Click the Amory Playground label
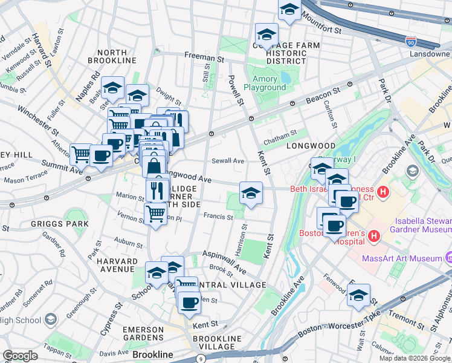coord(265,83)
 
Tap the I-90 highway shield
coord(410,41)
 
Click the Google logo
coord(20,356)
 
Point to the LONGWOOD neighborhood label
coord(311,146)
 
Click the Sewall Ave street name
coord(228,161)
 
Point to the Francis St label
coord(218,216)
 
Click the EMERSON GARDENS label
coord(143,333)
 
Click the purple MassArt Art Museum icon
coord(448,258)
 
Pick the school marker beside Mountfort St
coord(289,10)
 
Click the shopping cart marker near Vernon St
coord(156,214)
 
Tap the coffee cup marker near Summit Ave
coord(101,155)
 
